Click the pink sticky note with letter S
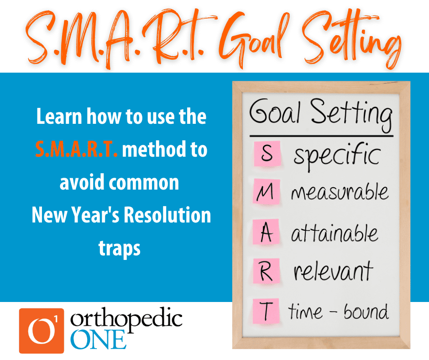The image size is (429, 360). [x=267, y=154]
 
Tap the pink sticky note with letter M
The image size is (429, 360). [x=267, y=191]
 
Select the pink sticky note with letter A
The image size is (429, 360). [x=266, y=232]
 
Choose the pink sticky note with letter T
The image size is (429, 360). [x=266, y=311]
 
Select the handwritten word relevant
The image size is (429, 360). [x=333, y=271]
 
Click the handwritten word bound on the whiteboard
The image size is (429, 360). [x=366, y=312]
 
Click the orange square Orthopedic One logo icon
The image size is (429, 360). [x=42, y=331]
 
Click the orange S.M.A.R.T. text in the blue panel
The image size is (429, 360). [x=77, y=149]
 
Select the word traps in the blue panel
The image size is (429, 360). [x=120, y=248]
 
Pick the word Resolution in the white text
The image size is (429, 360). [x=167, y=215]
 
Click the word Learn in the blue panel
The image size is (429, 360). [x=59, y=116]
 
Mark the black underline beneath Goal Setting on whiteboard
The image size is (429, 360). [x=321, y=136]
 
